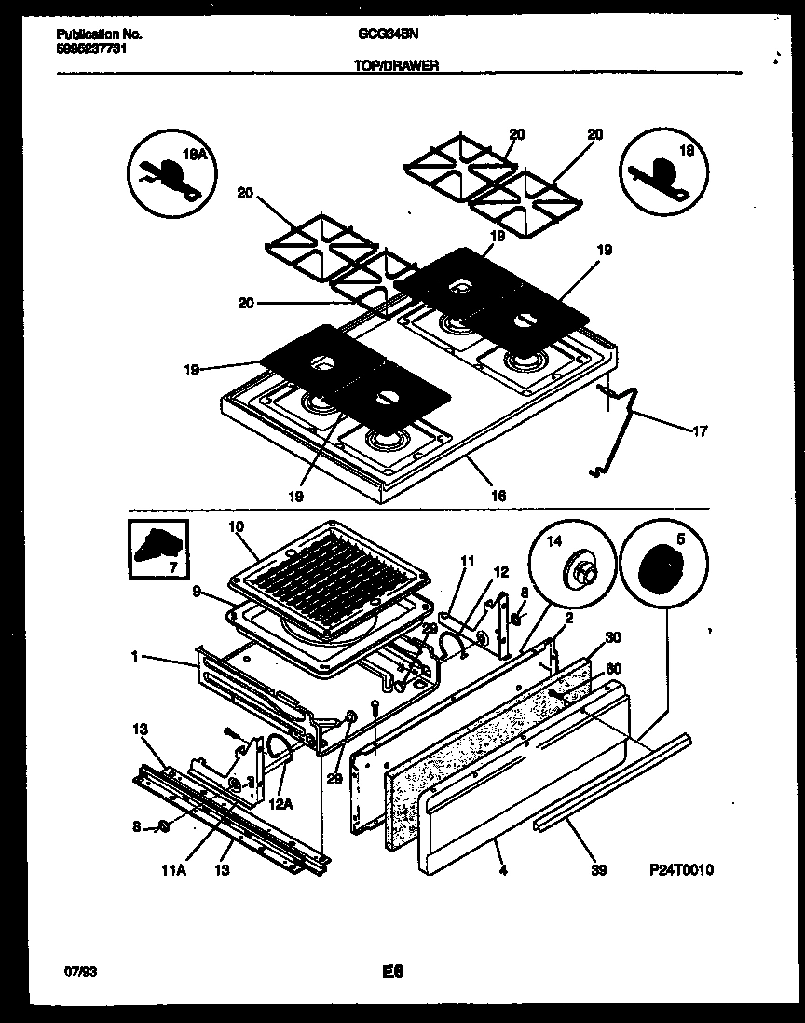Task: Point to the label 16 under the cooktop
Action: (498, 496)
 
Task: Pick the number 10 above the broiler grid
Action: (236, 527)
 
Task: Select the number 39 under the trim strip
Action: (598, 871)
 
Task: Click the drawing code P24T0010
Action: (681, 869)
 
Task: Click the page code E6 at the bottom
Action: (391, 973)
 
